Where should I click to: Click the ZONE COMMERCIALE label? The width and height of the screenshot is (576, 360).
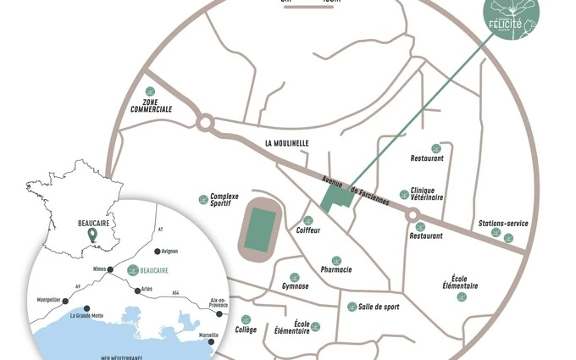click(x=152, y=105)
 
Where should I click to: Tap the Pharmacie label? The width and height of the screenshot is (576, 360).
click(x=336, y=269)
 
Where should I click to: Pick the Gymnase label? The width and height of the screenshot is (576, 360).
click(x=295, y=286)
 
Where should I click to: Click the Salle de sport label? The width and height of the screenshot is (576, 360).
click(x=379, y=306)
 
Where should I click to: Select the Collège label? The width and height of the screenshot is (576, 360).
click(x=246, y=330)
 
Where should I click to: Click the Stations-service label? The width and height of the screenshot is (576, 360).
click(x=503, y=224)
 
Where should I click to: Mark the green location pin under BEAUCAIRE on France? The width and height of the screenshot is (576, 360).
click(x=91, y=235)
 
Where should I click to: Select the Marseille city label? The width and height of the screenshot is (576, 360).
click(x=208, y=335)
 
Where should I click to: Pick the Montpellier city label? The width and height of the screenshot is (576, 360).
click(x=49, y=300)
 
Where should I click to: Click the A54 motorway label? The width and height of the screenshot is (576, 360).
click(x=175, y=293)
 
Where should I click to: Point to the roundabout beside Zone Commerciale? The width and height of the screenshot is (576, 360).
click(x=204, y=124)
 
